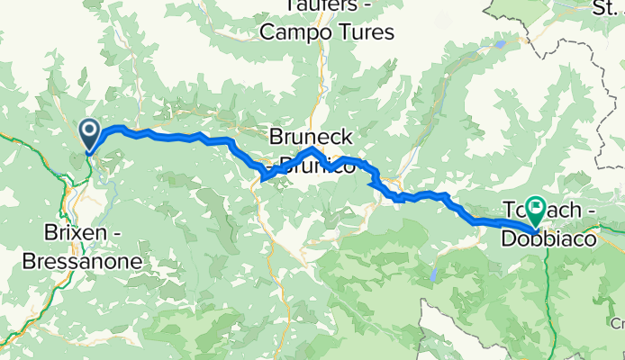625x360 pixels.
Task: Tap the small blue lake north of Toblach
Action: [501, 42]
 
